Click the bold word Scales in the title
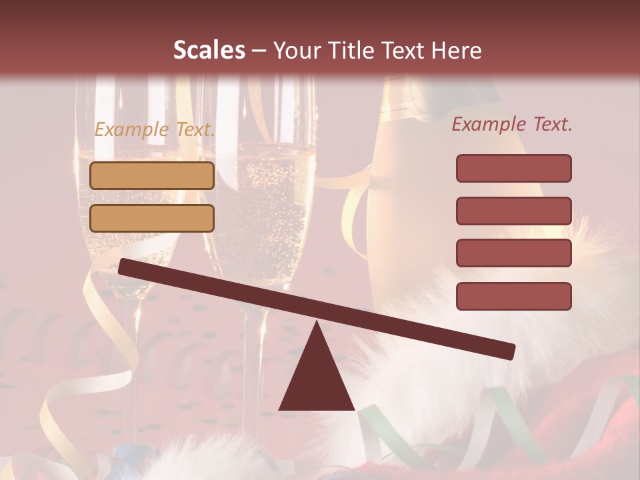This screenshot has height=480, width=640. [x=209, y=50]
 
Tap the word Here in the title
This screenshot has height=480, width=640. [x=456, y=50]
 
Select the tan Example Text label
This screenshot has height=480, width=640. [x=154, y=130]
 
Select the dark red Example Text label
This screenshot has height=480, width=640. [x=512, y=125]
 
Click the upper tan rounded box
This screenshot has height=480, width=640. [x=152, y=175]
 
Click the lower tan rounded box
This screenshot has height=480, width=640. [x=152, y=218]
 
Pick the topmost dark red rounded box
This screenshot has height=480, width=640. [x=513, y=168]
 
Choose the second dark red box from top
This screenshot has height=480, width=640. [x=513, y=211]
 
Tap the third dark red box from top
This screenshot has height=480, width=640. [x=513, y=253]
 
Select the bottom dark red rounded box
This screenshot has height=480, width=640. [x=513, y=296]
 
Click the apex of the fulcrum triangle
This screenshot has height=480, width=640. [x=317, y=323]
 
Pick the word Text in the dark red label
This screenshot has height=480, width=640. [x=549, y=125]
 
